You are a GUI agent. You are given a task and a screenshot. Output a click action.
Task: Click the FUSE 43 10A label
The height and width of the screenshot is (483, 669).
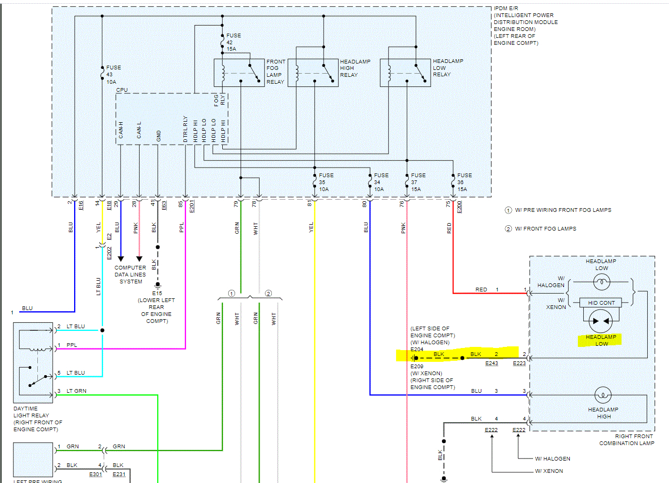pyautogui.click(x=114, y=74)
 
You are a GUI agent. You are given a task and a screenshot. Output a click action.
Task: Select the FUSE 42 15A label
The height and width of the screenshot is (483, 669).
pyautogui.click(x=233, y=42)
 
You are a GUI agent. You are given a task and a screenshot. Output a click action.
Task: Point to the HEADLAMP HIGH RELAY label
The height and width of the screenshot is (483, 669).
pyautogui.click(x=355, y=68)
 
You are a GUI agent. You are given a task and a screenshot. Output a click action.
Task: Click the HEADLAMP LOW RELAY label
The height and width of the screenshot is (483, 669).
pyautogui.click(x=448, y=68)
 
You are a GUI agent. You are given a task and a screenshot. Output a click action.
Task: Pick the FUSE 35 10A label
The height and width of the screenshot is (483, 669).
pyautogui.click(x=326, y=182)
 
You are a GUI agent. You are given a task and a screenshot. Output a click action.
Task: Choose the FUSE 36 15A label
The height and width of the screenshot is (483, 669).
pyautogui.click(x=464, y=182)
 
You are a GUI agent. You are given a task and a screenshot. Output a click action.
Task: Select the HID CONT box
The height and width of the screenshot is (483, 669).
pyautogui.click(x=601, y=303)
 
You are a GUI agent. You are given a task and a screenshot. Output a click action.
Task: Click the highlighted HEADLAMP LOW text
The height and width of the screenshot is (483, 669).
pyautogui.click(x=601, y=341)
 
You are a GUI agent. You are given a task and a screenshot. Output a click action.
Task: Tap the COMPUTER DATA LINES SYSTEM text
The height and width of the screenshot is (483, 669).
pyautogui.click(x=131, y=274)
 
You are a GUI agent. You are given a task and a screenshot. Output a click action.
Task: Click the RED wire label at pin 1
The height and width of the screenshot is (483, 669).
pyautogui.click(x=481, y=289)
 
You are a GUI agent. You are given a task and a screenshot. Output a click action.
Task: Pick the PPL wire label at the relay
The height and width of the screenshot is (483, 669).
pyautogui.click(x=71, y=345)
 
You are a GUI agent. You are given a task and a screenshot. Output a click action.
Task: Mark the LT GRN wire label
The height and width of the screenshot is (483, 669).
pyautogui.click(x=77, y=391)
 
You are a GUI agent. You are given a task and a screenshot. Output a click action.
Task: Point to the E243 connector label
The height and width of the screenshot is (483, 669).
pyautogui.click(x=491, y=363)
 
